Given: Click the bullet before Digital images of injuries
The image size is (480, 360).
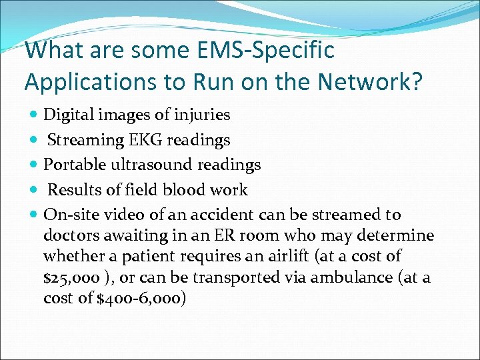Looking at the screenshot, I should (33, 115).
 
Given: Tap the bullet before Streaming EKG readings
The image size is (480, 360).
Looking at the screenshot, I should (33, 141).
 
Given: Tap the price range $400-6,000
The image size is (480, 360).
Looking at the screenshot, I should (141, 298).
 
